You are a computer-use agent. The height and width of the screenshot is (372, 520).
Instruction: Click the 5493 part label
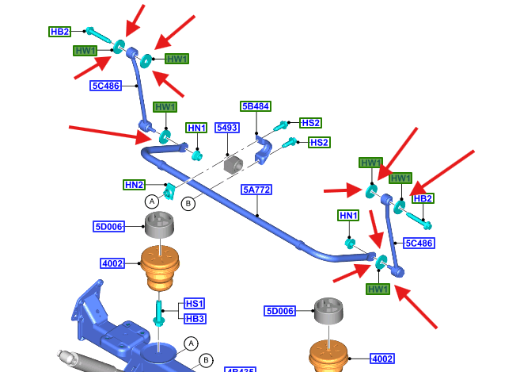click(227, 127)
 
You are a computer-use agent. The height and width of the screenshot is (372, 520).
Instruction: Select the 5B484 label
click(256, 106)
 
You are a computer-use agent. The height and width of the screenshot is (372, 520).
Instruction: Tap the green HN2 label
click(134, 185)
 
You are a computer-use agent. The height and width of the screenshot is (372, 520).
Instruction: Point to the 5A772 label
click(257, 190)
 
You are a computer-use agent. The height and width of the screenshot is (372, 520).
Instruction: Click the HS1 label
click(194, 304)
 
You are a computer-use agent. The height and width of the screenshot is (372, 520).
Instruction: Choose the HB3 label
click(194, 318)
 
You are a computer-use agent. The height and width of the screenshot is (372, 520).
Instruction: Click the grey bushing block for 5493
click(233, 165)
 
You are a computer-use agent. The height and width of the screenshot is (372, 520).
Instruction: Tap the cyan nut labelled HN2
click(169, 190)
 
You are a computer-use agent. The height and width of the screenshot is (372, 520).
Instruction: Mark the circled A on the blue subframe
click(190, 343)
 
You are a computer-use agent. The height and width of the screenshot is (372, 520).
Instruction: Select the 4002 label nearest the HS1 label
click(112, 263)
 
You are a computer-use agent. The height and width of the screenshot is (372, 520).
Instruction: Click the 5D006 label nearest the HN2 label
click(108, 227)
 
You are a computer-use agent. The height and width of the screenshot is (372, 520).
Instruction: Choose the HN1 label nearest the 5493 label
click(196, 128)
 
